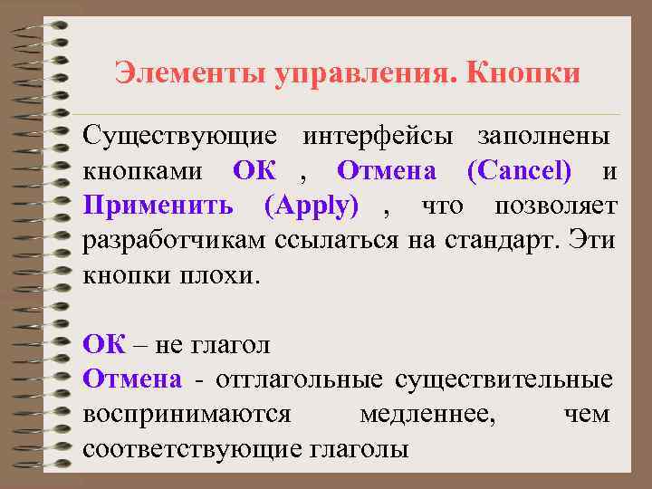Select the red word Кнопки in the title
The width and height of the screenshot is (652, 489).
click(523, 72)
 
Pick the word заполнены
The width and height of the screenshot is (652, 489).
click(543, 136)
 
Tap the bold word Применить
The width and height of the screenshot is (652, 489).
click(159, 206)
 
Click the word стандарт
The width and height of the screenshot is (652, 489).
click(501, 241)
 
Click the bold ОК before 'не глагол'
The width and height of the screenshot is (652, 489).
click(101, 345)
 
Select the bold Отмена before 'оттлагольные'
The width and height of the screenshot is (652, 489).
click(132, 379)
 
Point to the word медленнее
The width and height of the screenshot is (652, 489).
click(427, 415)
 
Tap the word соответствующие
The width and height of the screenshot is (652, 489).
click(194, 449)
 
